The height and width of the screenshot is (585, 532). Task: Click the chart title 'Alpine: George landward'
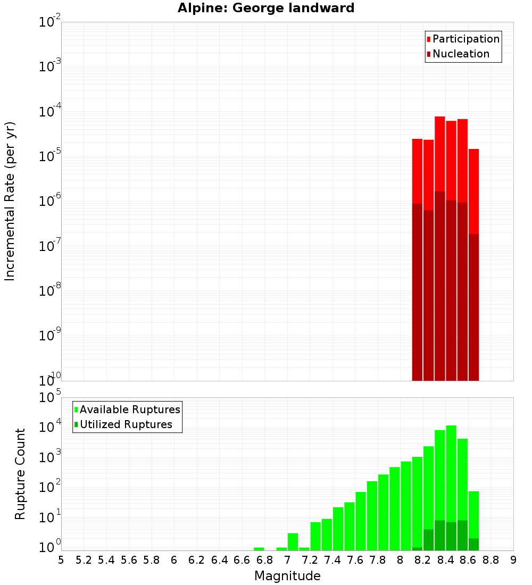coord(266,8)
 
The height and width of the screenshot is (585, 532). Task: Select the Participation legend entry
coord(463,39)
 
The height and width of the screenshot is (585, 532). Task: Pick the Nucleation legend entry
coord(458,54)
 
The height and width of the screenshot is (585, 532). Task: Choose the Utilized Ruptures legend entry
coord(122,424)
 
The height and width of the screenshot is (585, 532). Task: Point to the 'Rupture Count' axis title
coord(20,474)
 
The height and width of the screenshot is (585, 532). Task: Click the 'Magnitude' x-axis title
coord(287,576)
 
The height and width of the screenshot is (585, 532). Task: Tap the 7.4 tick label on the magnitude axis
coord(332,560)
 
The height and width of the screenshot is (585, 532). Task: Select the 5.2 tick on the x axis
coord(84,560)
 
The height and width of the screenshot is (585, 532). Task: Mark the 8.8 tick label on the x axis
coord(491,560)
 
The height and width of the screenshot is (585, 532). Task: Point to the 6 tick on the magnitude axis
coord(174,560)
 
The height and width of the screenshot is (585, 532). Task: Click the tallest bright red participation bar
coord(439,154)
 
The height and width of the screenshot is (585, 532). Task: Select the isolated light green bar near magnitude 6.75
coord(259,549)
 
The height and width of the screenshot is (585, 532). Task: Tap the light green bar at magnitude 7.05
coord(293,541)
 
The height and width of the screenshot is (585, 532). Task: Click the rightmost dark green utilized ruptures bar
coord(473,544)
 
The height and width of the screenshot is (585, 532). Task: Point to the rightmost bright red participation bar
coord(473,191)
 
